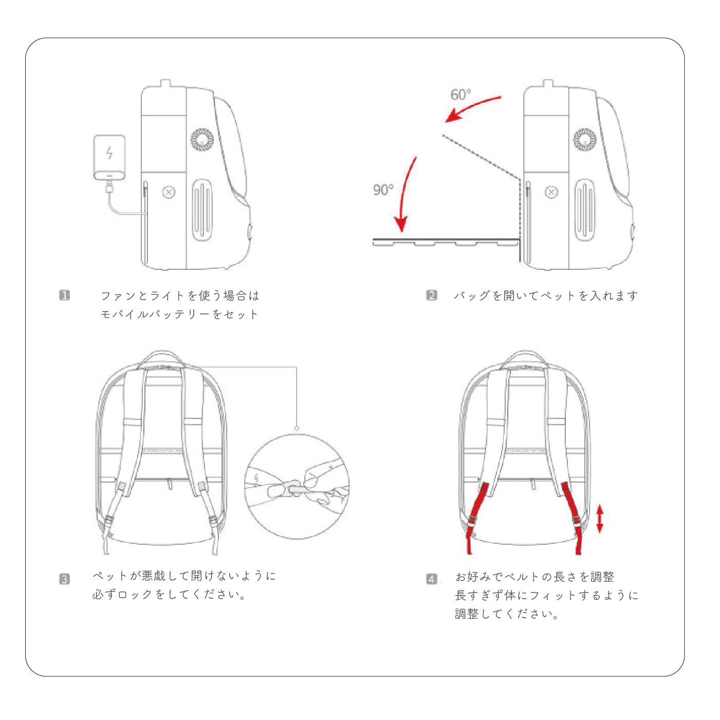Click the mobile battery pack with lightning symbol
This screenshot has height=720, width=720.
click(x=109, y=157)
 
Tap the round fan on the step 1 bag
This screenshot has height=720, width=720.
click(x=202, y=139)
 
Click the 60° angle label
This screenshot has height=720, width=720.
click(x=460, y=95)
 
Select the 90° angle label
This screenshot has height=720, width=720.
click(x=383, y=190)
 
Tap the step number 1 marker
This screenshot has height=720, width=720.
click(x=64, y=295)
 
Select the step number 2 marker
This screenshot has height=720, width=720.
click(x=431, y=295)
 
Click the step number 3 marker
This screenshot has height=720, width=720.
click(x=64, y=579)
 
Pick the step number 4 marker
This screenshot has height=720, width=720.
click(x=431, y=579)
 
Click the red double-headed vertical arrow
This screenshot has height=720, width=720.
click(x=599, y=519)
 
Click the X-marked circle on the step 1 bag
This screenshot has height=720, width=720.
click(x=169, y=192)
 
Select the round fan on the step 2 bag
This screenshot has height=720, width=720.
click(x=584, y=139)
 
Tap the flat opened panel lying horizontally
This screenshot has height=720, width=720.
click(x=445, y=242)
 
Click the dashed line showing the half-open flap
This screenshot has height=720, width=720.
click(x=481, y=157)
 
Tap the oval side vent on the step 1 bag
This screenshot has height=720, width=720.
click(x=202, y=210)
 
